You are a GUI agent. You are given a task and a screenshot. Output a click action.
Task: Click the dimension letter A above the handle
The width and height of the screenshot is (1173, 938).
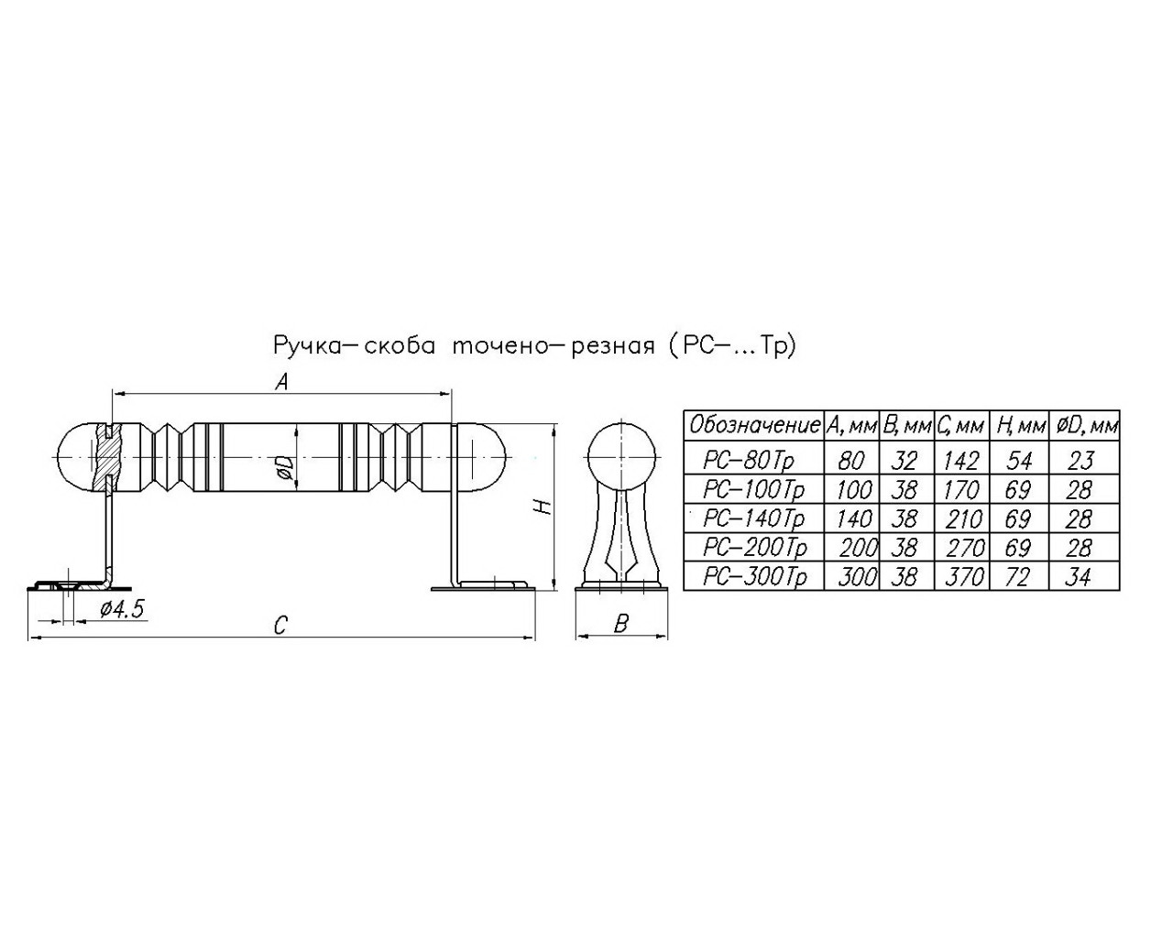281,382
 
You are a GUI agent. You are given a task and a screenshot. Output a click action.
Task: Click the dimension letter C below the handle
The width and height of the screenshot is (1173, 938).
280,625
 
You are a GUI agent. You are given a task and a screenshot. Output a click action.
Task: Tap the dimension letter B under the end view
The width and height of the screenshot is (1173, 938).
620,624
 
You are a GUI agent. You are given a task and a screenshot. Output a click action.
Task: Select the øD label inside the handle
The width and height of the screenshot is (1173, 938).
286,469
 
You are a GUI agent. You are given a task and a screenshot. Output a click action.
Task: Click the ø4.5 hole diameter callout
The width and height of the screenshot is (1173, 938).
122,609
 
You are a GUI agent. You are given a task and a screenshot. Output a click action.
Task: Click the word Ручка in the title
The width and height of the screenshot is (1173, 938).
307,345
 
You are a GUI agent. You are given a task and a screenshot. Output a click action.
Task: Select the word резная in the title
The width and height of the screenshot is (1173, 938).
613,347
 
